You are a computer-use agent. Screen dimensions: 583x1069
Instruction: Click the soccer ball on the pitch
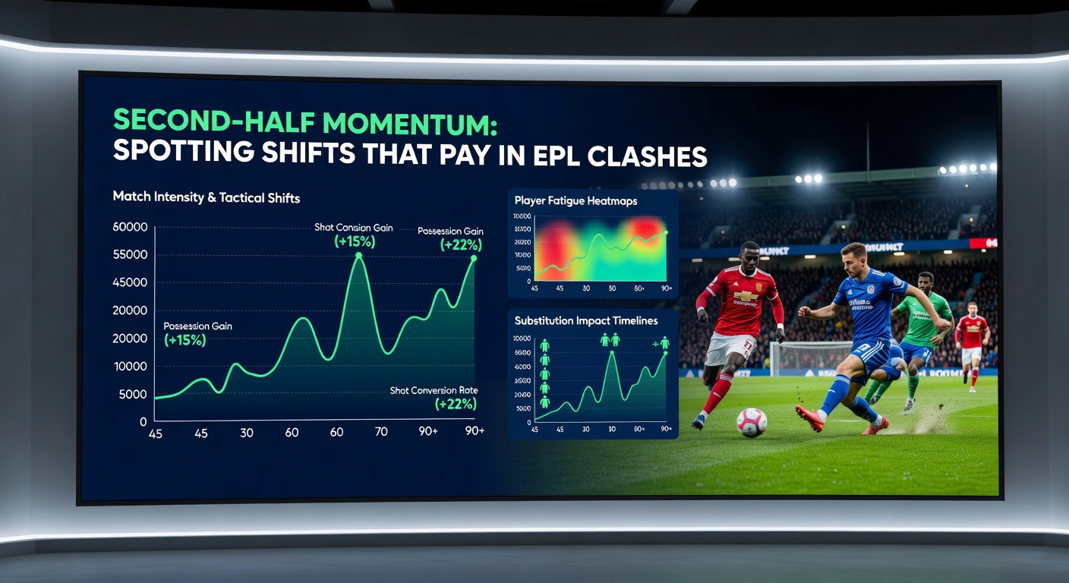coord(751,423)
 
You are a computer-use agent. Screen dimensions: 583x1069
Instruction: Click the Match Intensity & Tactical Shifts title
coord(207,197)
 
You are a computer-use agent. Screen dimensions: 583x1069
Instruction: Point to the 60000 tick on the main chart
coord(129,227)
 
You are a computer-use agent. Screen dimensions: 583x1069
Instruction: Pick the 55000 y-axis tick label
coord(129,254)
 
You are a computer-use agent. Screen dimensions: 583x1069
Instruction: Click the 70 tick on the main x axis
coord(381,431)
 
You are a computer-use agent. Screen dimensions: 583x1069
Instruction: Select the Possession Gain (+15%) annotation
coord(197,333)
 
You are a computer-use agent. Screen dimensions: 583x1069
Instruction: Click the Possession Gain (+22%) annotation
coord(450,238)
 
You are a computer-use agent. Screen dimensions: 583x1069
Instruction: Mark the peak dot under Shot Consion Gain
coord(359,255)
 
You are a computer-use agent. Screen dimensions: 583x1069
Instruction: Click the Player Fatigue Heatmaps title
coord(575,201)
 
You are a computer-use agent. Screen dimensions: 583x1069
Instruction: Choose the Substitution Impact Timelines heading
coord(586,320)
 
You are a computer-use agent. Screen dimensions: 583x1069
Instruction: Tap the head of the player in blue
coord(854,258)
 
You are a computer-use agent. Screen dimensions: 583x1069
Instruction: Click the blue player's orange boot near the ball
coord(809,418)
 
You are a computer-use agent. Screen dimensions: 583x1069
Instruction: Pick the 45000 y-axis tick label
coord(129,282)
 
